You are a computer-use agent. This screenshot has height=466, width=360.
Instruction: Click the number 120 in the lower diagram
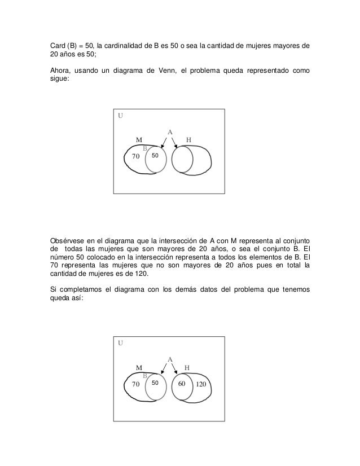point(202,384)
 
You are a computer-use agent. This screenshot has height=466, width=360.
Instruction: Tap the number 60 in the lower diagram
point(182,384)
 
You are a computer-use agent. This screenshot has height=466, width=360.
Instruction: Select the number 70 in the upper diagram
point(135,156)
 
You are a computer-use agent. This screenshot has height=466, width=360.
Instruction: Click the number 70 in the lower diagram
point(135,384)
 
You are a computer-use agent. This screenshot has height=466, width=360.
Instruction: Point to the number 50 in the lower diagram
point(156,383)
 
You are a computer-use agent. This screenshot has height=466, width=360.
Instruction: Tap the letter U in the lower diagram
point(120,342)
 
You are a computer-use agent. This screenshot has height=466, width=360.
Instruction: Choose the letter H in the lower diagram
point(187,367)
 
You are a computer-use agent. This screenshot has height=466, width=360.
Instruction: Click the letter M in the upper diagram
point(138,139)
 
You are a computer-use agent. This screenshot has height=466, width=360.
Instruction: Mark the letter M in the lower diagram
point(138,367)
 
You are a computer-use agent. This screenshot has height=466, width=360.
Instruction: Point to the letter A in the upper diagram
point(170,133)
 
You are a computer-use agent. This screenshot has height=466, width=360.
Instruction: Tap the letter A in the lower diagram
point(170,359)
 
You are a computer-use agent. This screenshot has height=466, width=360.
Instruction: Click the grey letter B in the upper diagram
point(145,148)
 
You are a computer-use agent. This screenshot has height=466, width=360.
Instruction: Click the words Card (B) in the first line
point(63,46)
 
